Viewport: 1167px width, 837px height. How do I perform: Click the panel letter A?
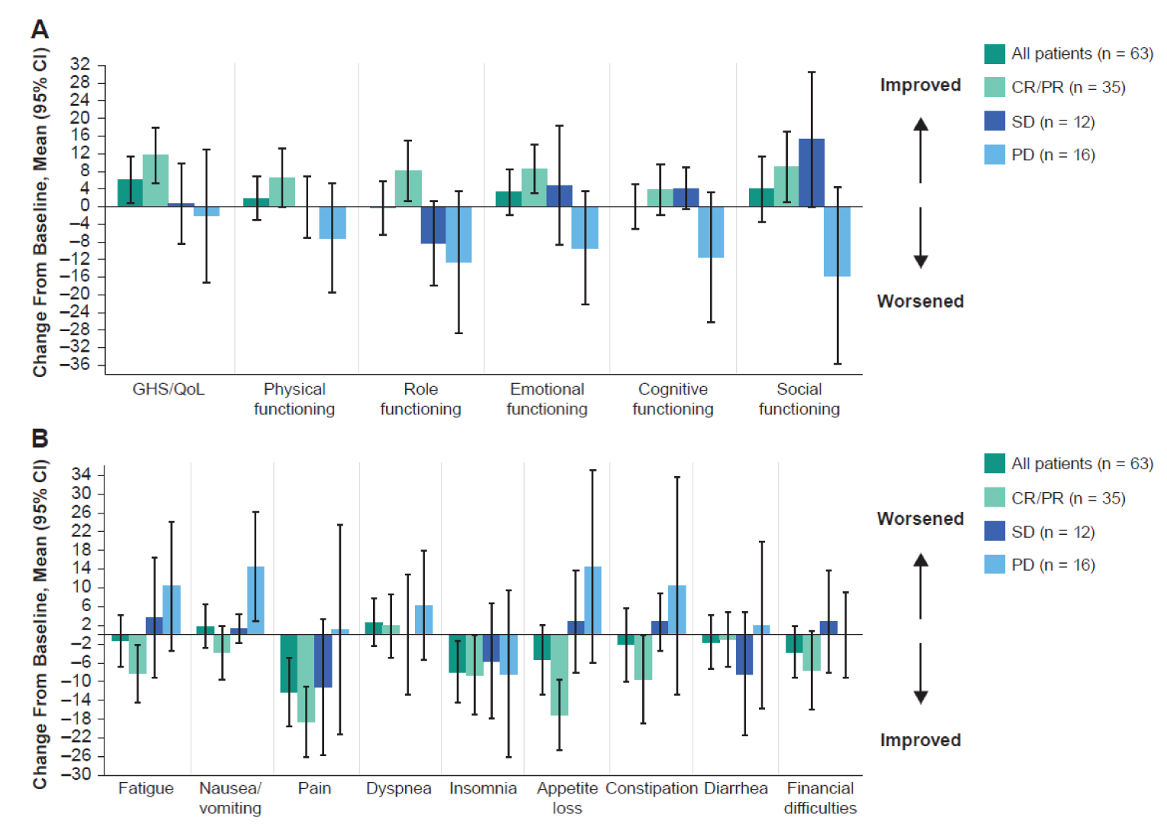click(x=40, y=30)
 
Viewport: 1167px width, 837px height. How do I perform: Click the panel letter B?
click(x=40, y=439)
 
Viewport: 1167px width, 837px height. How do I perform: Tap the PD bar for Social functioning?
click(x=837, y=241)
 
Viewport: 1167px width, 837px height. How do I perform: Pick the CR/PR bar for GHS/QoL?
click(x=156, y=181)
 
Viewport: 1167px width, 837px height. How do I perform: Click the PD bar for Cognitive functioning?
click(x=711, y=232)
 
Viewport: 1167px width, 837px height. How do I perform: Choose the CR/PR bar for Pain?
click(x=306, y=678)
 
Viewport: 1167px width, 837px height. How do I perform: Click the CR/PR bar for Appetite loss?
click(x=559, y=674)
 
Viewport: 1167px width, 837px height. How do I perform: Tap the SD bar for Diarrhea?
click(x=744, y=655)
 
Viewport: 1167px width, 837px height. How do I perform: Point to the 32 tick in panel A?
click(x=80, y=64)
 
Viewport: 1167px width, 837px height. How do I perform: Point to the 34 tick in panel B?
click(x=81, y=475)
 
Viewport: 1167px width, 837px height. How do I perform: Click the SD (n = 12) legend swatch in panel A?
click(x=995, y=121)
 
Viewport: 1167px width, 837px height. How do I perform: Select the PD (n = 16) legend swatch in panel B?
click(x=995, y=565)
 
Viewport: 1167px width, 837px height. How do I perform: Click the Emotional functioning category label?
click(x=547, y=399)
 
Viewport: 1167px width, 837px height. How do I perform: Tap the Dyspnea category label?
click(x=398, y=789)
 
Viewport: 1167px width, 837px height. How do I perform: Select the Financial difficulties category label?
click(x=820, y=798)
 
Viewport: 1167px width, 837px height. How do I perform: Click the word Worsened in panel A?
click(x=920, y=301)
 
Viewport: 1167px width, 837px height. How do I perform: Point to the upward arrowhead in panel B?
click(x=921, y=560)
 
